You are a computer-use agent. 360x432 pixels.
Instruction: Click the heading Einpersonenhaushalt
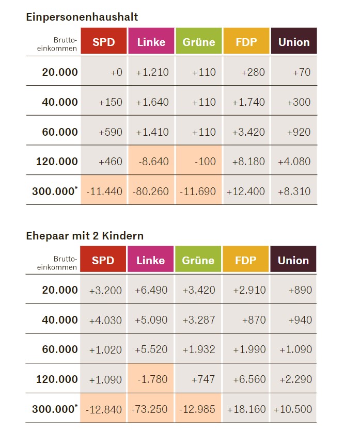point(82,17)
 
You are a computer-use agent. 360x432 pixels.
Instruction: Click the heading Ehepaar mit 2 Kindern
point(85,235)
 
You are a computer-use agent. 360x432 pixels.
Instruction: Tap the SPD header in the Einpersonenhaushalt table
point(103,42)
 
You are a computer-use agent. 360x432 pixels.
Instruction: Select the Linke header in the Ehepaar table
point(151,260)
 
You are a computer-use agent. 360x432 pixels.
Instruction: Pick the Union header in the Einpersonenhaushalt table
point(294,42)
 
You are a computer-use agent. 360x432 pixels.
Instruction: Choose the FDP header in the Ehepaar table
point(246,260)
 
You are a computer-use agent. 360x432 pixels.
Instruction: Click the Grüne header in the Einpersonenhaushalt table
point(198,42)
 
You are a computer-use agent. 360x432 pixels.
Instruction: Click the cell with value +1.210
point(152,72)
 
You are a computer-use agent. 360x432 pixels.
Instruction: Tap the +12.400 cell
point(246,191)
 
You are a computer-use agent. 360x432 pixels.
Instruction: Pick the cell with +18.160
point(246,409)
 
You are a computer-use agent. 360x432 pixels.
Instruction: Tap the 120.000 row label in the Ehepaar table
point(57,379)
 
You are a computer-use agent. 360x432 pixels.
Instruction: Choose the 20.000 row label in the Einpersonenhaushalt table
point(60,72)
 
